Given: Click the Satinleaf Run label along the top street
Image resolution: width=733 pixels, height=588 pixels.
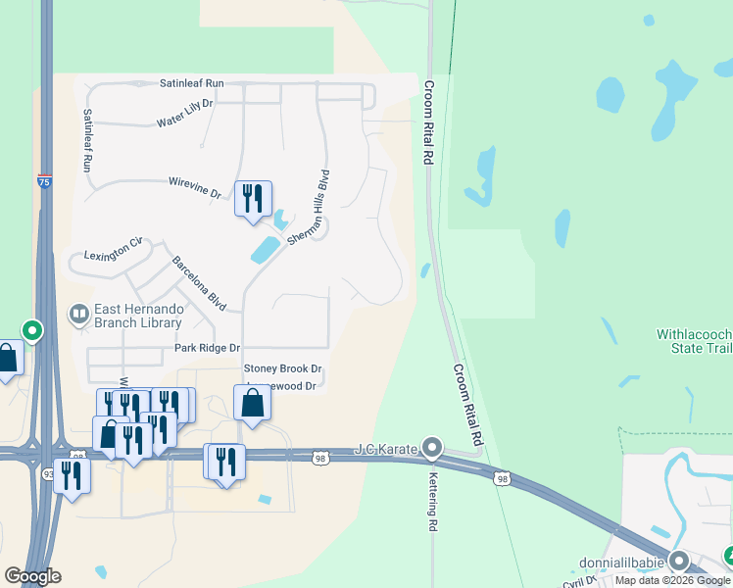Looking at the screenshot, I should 191,83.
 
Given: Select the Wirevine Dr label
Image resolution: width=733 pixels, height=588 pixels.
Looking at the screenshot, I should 195,187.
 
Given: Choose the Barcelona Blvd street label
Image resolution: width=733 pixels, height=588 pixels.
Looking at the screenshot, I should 200,284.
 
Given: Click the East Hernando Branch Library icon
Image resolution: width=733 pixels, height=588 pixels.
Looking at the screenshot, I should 76,315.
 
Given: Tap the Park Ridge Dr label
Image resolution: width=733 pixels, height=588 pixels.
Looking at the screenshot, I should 207,348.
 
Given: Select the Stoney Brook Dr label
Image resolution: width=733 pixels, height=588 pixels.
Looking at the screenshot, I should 282,368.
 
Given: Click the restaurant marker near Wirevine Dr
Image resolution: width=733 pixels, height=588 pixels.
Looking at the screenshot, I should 253,199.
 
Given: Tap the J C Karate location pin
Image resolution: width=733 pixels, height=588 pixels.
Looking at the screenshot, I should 432,449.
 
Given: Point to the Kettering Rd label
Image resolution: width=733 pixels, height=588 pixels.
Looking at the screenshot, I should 431,496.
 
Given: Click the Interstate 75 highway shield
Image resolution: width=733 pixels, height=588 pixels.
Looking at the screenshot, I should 44,180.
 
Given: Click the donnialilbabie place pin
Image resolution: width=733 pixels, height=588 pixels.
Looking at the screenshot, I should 679,561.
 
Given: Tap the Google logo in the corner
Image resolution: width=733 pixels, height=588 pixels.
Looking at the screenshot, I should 32,576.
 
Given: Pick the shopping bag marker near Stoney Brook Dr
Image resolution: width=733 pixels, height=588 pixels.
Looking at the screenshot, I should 252,403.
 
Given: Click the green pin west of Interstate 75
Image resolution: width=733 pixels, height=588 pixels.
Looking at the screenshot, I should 32,331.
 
